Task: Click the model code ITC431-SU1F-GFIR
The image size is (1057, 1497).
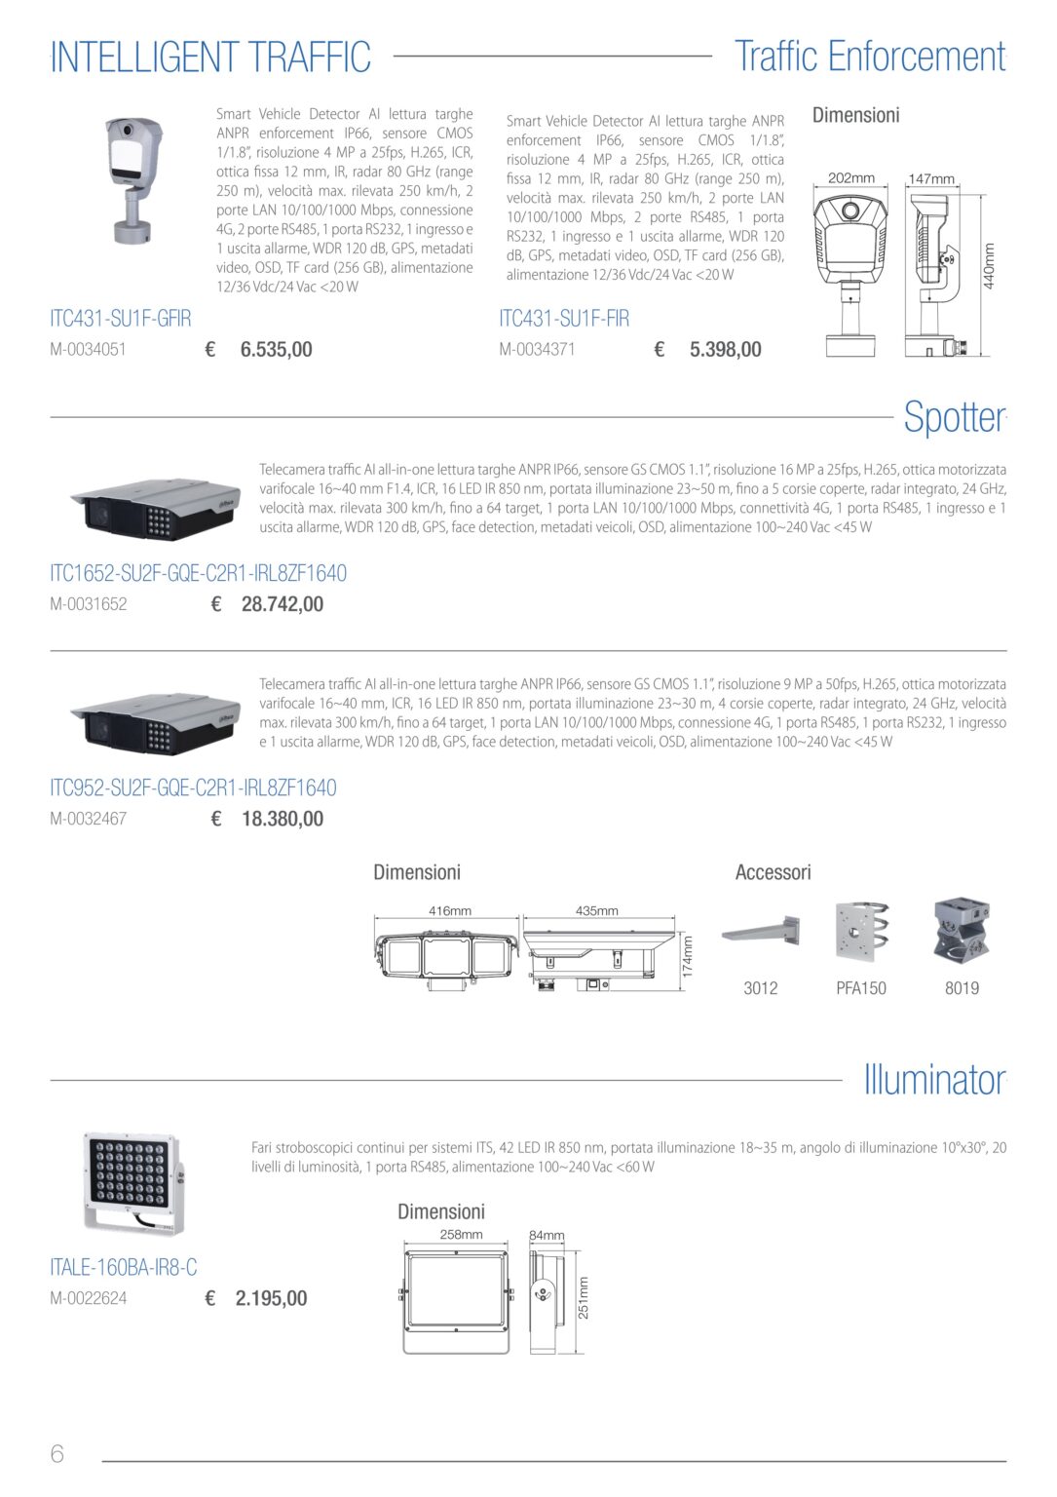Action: click(x=120, y=319)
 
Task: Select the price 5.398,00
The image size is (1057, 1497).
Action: click(x=725, y=350)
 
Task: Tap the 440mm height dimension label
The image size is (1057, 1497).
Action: click(x=989, y=266)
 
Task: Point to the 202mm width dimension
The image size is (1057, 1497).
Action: click(x=850, y=177)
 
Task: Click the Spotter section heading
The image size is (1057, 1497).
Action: click(x=955, y=418)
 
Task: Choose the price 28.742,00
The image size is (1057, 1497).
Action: click(x=282, y=604)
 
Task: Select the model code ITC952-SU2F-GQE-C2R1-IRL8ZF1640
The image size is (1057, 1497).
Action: click(x=193, y=787)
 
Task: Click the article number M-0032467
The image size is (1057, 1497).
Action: click(x=89, y=819)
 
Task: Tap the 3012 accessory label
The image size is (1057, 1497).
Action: click(x=760, y=988)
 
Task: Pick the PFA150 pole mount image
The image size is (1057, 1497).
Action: click(x=862, y=931)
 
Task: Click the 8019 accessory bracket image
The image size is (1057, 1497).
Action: click(x=962, y=928)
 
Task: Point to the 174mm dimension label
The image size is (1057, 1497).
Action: click(x=688, y=956)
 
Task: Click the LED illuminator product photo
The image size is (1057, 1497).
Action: click(x=132, y=1183)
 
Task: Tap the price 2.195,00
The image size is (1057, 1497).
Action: click(x=271, y=1298)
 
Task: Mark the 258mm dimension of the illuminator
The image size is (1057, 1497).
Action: click(x=461, y=1235)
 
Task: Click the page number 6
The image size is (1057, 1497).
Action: click(x=57, y=1453)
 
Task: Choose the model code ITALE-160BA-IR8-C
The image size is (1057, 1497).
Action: click(x=124, y=1268)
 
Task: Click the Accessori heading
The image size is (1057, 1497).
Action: click(x=774, y=872)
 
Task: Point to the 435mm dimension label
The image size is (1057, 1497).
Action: click(x=596, y=911)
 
